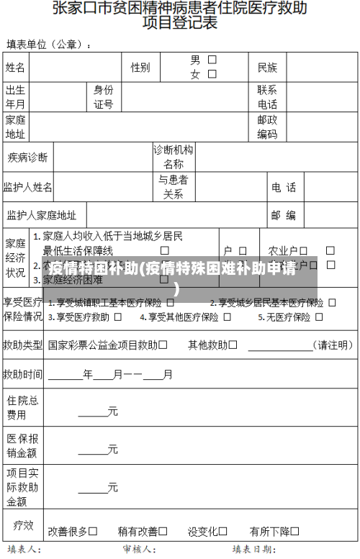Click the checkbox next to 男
click(212, 60)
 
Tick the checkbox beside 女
click(212, 74)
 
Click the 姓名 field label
click(15, 68)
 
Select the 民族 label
click(267, 68)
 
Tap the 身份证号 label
click(103, 97)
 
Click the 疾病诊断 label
click(27, 158)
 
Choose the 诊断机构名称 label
click(173, 157)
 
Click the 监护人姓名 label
click(27, 187)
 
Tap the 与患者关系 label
click(173, 187)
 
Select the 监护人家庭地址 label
click(41, 215)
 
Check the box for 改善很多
click(93, 531)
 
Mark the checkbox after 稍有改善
click(163, 531)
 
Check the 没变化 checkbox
click(222, 531)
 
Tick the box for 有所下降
click(295, 531)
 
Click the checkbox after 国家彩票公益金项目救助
click(163, 345)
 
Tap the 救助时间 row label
click(22, 374)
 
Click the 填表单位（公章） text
click(48, 45)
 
